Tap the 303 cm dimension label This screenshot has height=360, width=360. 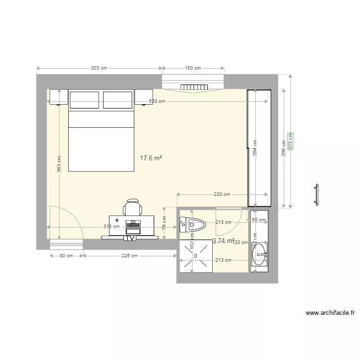[99, 69]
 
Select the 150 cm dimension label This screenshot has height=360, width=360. [193, 69]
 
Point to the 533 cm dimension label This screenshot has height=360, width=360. [157, 101]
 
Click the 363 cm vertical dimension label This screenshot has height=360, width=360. [59, 164]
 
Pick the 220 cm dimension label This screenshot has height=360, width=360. [222, 194]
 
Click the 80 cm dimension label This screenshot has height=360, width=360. [66, 256]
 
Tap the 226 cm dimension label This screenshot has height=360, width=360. [129, 256]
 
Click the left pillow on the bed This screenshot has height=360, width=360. [84, 100]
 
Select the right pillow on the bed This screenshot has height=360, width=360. [118, 100]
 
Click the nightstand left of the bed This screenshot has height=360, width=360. [58, 97]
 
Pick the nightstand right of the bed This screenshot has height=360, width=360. [144, 97]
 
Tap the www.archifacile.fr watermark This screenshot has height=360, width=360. [330, 312]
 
